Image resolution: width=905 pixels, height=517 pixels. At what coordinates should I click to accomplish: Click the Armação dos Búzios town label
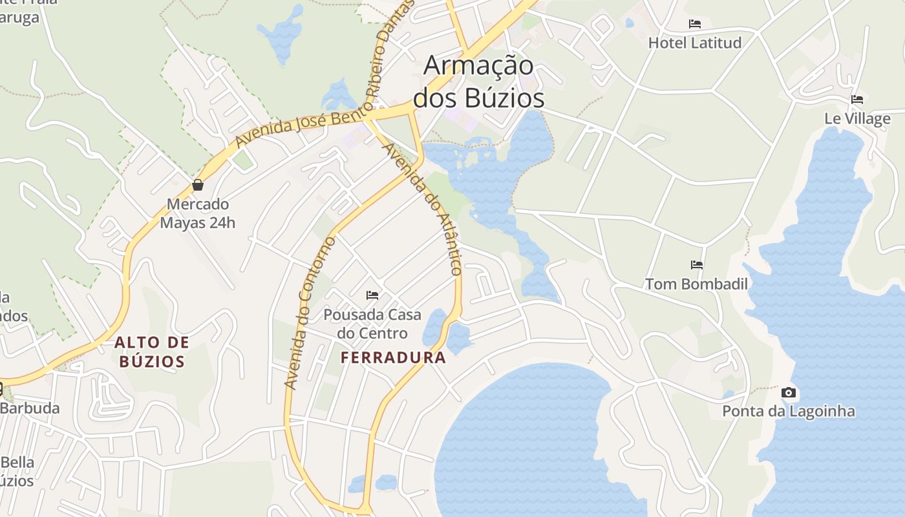[478, 82]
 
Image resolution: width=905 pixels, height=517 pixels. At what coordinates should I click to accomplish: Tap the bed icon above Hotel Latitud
[695, 24]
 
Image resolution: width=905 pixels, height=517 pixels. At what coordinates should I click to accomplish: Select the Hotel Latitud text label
[695, 43]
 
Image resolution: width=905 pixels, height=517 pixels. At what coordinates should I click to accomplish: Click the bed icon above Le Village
[857, 100]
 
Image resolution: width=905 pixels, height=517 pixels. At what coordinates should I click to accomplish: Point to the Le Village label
[857, 119]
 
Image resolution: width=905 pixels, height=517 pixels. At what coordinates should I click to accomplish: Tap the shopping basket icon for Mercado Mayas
[198, 185]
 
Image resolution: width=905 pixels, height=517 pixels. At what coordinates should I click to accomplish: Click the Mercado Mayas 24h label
[198, 214]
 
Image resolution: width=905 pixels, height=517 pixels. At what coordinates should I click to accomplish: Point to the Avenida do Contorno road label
[310, 313]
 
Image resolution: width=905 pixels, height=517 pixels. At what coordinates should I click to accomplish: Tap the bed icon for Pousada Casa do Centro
[372, 295]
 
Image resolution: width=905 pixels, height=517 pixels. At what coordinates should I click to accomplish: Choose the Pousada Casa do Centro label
[372, 324]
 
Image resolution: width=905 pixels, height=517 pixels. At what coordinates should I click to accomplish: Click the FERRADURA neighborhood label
[393, 357]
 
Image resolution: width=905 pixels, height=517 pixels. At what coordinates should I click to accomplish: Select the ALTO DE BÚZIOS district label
[152, 352]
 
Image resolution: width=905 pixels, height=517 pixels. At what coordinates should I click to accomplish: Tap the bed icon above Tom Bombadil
[696, 265]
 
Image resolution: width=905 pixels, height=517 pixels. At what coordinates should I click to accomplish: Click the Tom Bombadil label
[696, 284]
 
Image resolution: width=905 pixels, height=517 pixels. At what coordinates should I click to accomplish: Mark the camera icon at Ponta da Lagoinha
[789, 392]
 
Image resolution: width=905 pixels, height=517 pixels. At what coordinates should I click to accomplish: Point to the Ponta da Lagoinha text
[789, 412]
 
